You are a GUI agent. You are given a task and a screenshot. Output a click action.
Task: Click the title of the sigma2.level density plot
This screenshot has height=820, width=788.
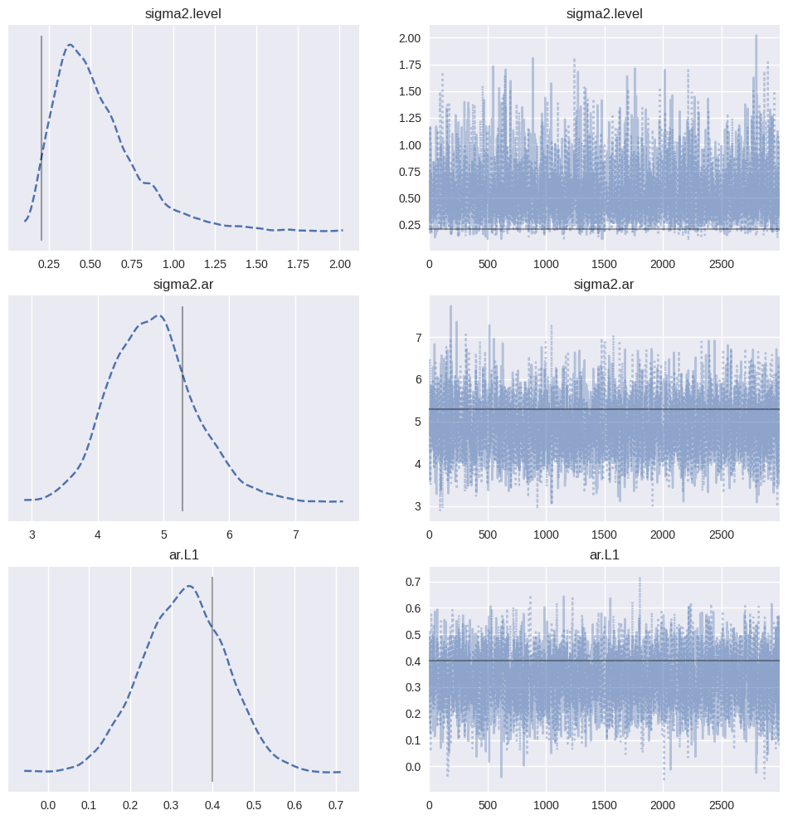pos(183,12)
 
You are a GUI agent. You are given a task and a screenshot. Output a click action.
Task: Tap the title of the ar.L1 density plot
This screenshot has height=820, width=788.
pos(183,554)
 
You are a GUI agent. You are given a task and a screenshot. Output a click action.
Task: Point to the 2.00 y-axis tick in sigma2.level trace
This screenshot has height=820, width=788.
pos(408,38)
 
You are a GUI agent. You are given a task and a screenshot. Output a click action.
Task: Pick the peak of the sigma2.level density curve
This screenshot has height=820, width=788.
pos(70,45)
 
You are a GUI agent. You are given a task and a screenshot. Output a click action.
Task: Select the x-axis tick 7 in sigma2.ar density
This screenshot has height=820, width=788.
pos(295,535)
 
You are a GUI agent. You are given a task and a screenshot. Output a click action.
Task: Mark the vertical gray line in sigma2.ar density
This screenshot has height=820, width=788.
pos(182,407)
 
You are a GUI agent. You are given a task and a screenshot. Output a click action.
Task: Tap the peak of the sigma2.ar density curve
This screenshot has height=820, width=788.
pos(158,315)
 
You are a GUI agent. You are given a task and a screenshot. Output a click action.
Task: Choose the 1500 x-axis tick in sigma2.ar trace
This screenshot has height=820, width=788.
pos(604,535)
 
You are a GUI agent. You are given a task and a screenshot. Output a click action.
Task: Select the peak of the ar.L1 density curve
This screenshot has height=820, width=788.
pos(189,586)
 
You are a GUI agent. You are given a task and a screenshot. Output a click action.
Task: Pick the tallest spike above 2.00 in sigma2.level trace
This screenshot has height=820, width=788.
pos(756,36)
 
